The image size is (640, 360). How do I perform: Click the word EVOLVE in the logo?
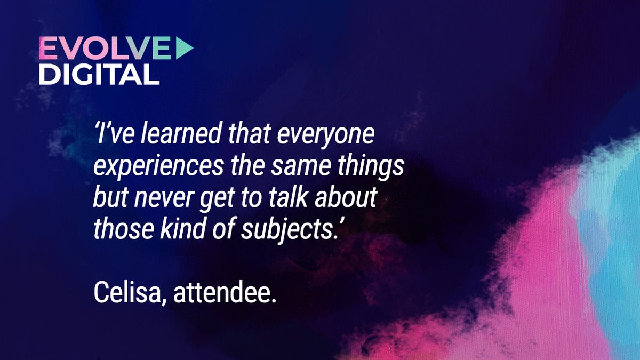point(105,50)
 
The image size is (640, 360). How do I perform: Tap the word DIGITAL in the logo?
point(99,75)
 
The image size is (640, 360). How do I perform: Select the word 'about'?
point(350,197)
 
